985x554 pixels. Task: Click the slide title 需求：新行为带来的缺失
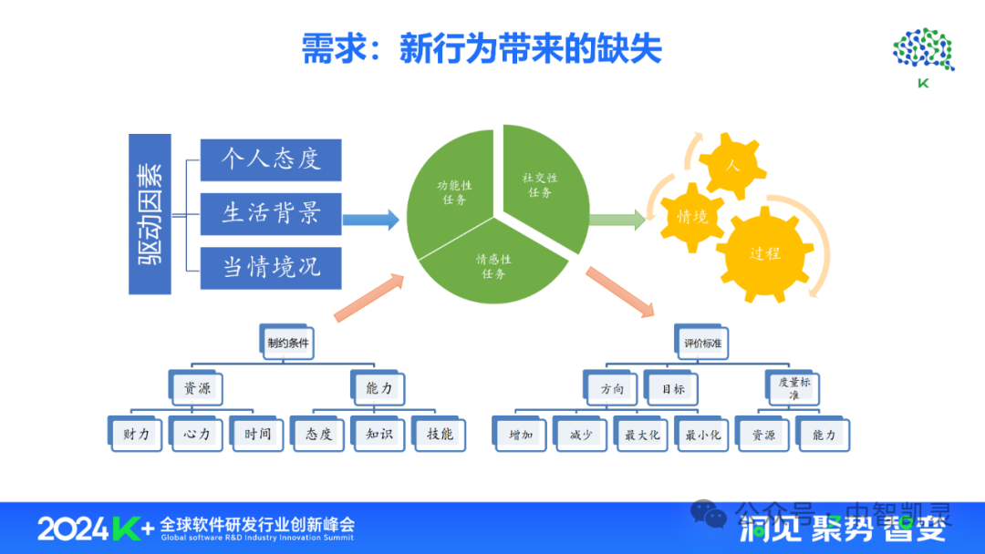482,49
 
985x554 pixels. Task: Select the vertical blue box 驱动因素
150,213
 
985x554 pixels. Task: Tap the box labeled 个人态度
271,159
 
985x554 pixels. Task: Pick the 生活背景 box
271,213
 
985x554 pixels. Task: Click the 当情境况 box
271,268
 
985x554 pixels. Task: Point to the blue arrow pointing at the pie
371,220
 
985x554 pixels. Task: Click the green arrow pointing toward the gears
617,220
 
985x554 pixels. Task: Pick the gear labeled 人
731,166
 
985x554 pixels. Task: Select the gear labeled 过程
764,253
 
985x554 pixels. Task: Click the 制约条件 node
288,344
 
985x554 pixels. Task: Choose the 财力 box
136,435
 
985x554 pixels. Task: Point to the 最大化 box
641,435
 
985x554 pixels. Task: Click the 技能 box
440,435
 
